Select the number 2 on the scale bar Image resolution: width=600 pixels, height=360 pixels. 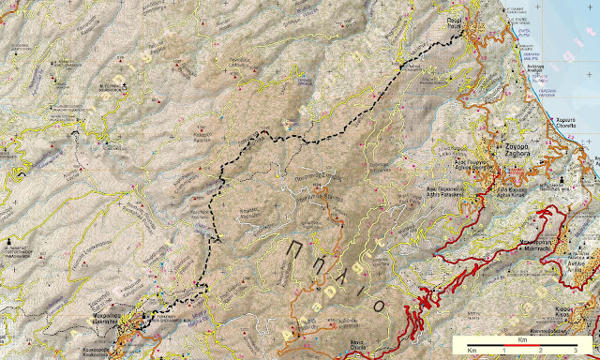541,348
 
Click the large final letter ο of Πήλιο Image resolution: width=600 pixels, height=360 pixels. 379,278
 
